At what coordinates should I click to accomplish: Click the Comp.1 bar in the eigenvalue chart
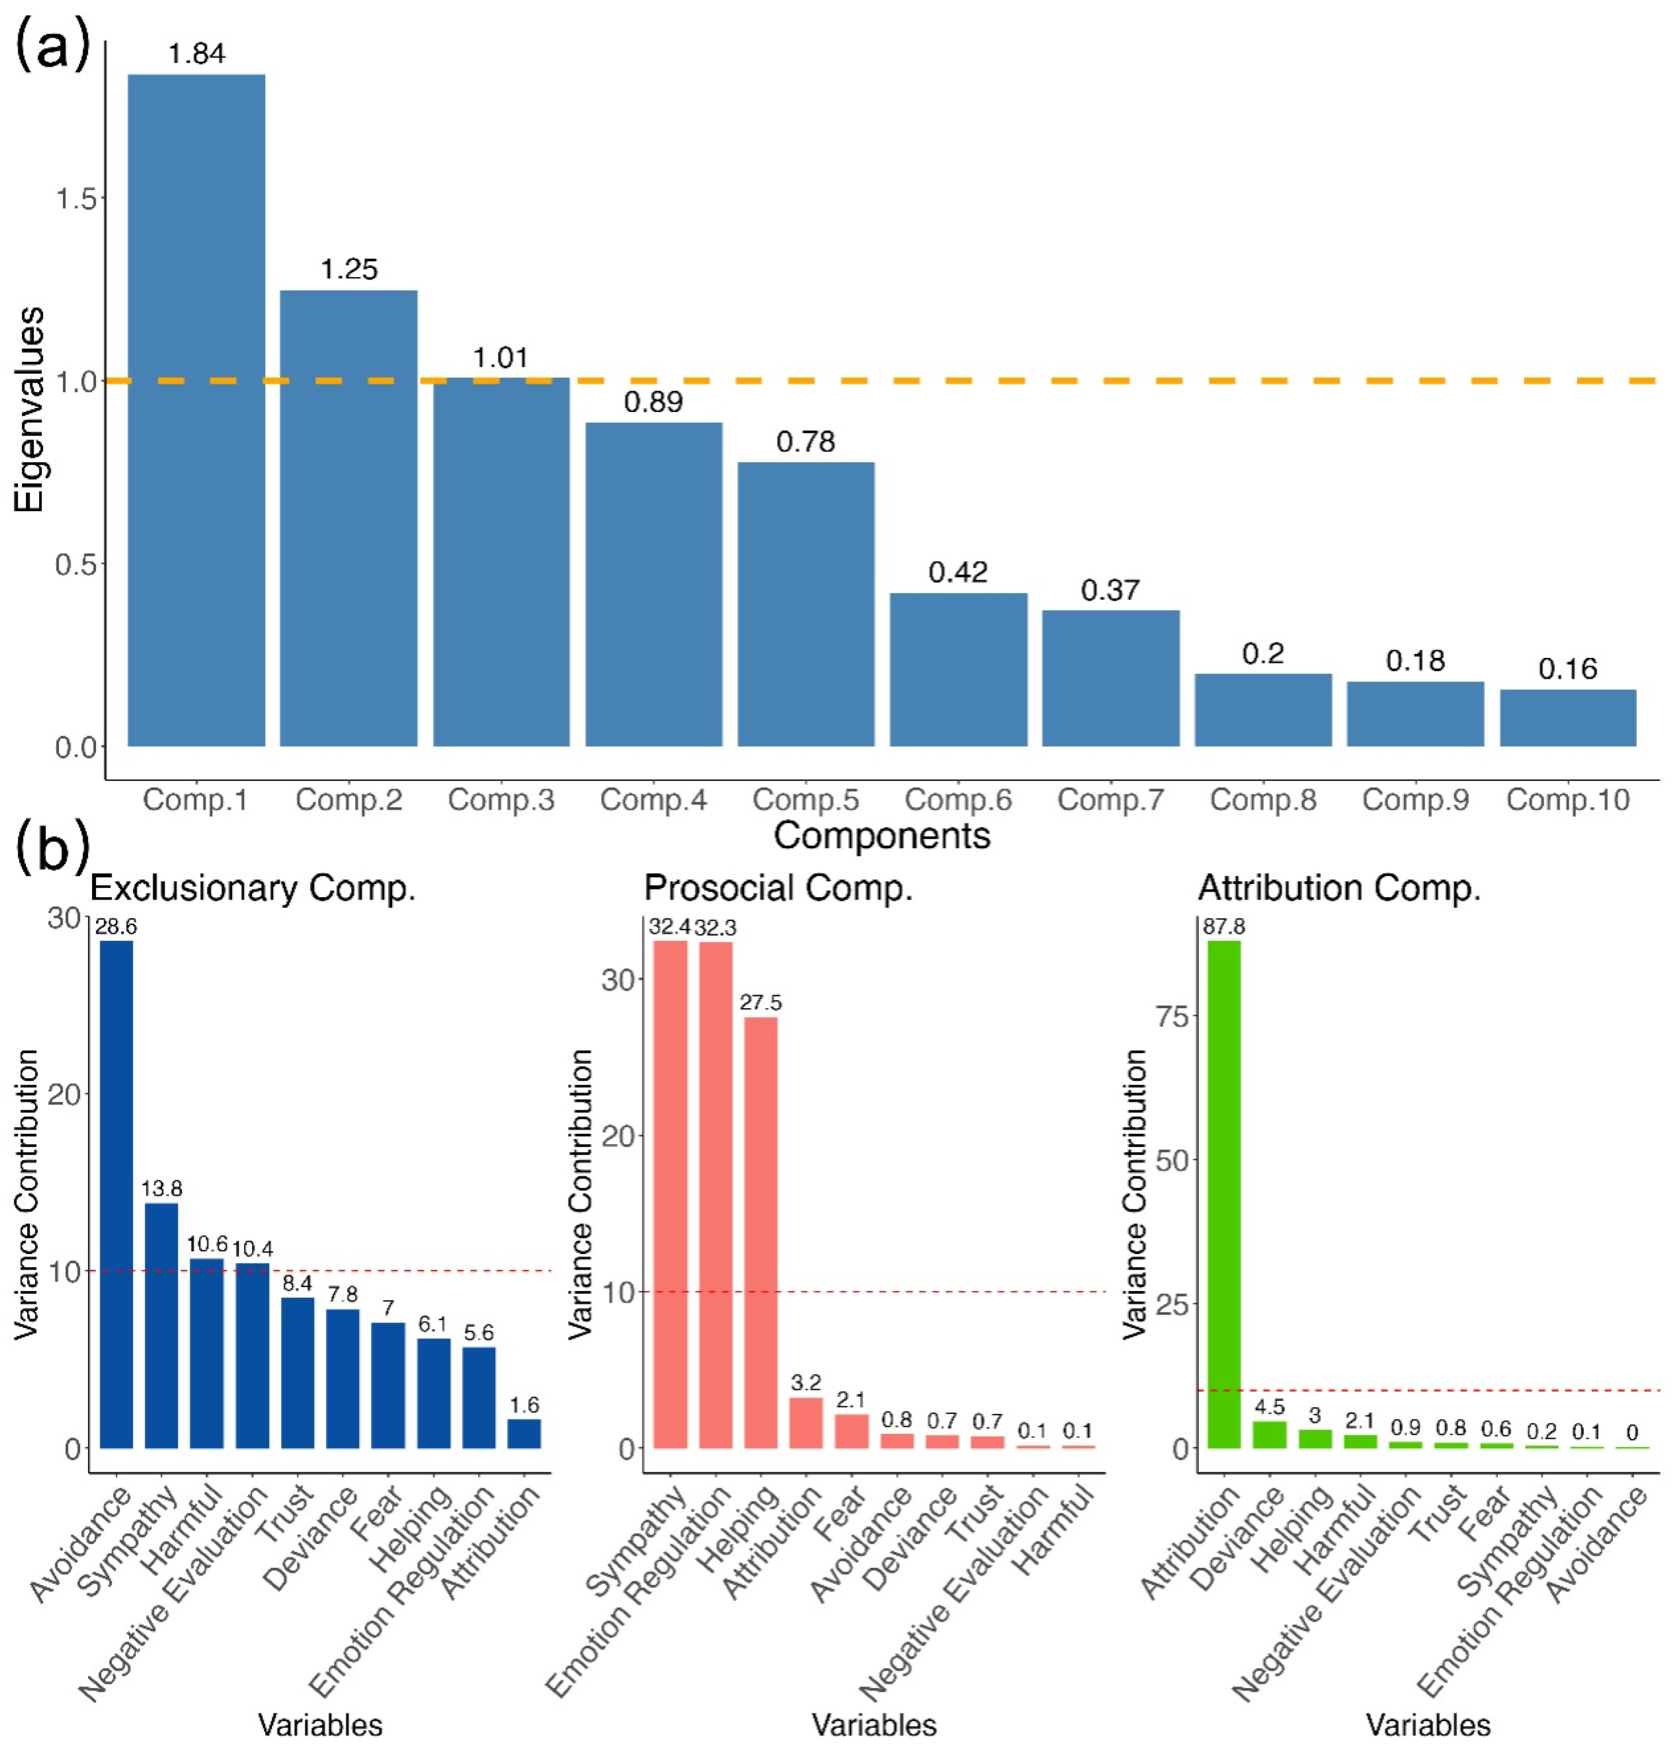pos(196,410)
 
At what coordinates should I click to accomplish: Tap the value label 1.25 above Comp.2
pos(349,269)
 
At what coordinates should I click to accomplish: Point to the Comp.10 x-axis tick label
pos(1568,800)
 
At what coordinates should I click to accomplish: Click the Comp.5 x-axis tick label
pos(805,800)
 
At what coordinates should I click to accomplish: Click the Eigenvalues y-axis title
pos(29,410)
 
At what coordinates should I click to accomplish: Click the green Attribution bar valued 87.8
pos(1223,1193)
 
